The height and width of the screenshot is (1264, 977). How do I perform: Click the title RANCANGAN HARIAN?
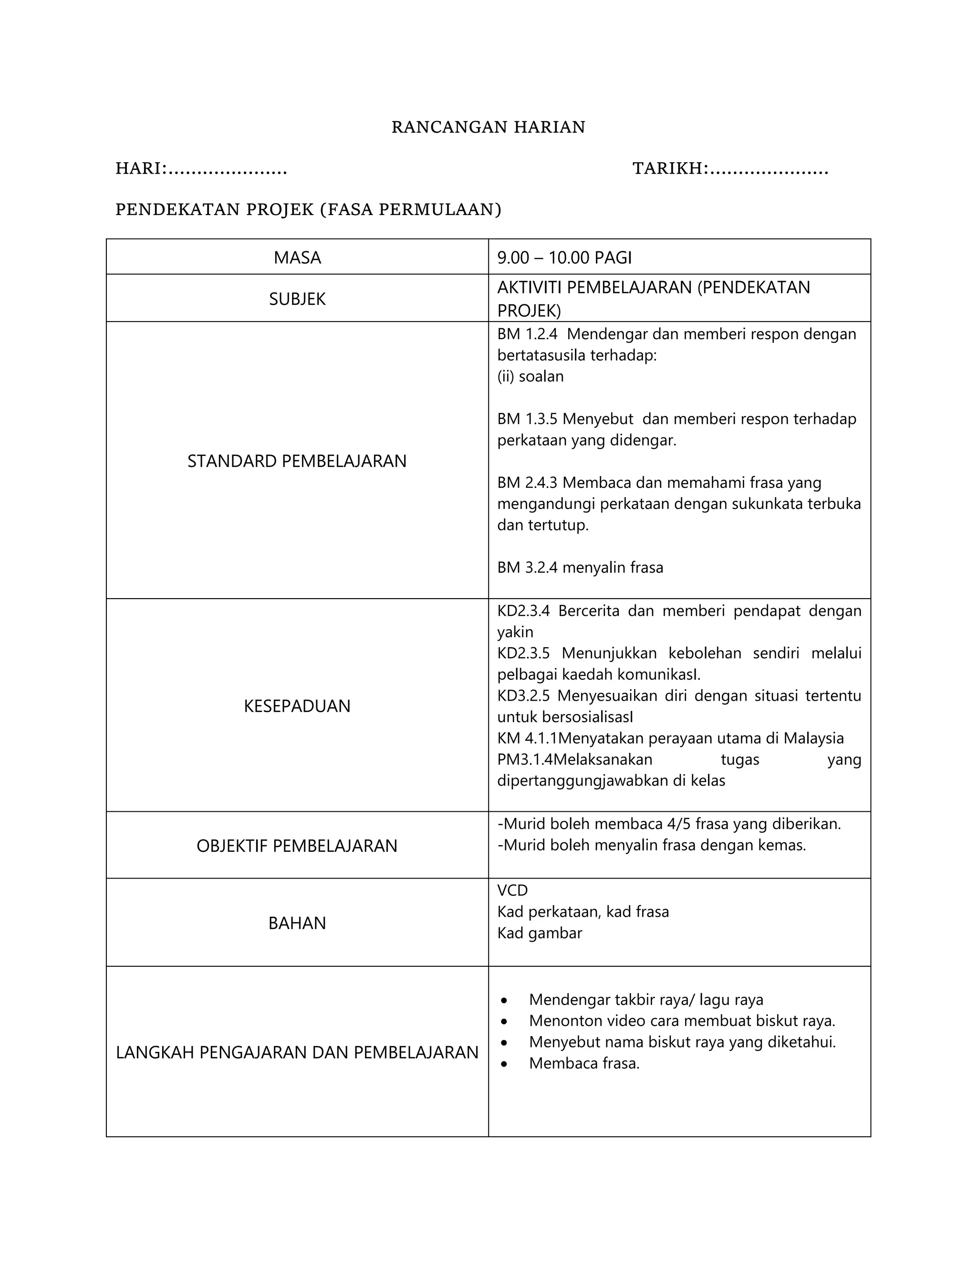point(488,127)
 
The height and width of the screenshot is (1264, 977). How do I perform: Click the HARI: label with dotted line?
point(201,168)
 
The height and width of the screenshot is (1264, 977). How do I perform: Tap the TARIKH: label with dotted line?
point(730,168)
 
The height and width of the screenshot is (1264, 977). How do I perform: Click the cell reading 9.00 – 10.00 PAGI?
point(564,258)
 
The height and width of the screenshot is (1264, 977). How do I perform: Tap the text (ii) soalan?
point(530,376)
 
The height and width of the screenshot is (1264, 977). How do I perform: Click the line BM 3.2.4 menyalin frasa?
point(580,567)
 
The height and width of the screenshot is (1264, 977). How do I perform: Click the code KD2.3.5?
point(523,653)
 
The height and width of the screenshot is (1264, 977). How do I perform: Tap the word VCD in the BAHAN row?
point(512,890)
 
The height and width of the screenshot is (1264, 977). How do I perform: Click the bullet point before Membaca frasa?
point(505,1063)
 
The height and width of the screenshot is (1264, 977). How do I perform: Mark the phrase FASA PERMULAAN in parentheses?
point(411,209)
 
